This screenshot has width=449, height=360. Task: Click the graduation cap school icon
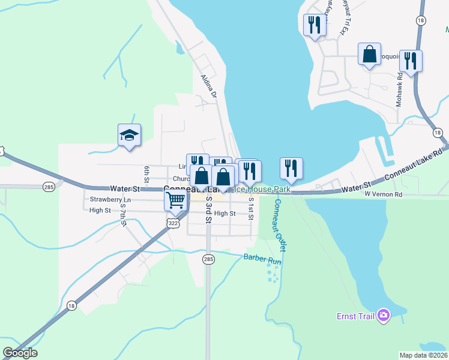[129, 136]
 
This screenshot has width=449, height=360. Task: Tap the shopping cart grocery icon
[175, 200]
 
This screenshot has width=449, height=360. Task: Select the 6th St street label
[146, 173]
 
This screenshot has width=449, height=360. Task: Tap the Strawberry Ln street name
[110, 199]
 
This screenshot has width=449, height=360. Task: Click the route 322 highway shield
[173, 223]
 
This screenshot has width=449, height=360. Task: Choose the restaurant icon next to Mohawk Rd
[411, 61]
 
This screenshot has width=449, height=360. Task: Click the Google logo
[20, 353]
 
